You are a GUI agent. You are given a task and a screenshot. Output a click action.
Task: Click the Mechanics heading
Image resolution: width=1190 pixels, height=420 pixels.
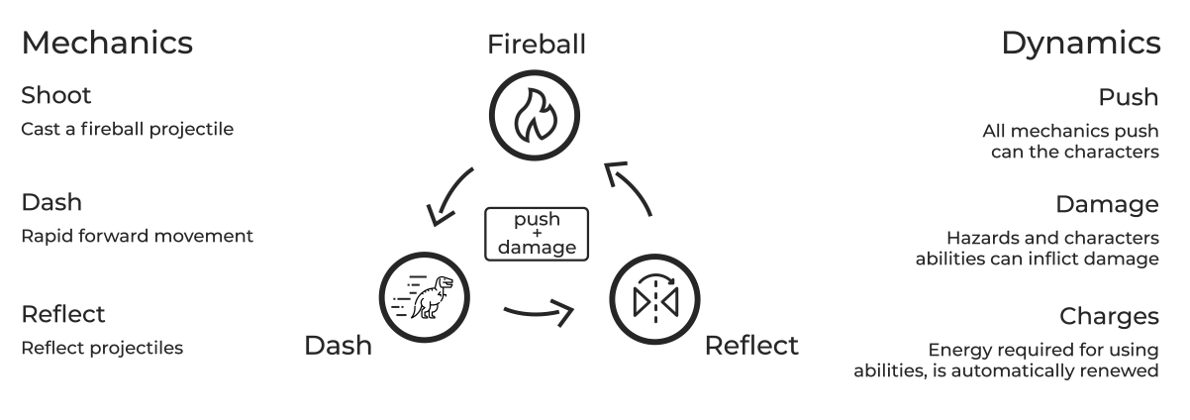click(x=107, y=44)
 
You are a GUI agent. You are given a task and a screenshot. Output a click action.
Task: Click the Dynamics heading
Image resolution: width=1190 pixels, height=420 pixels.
click(x=1080, y=44)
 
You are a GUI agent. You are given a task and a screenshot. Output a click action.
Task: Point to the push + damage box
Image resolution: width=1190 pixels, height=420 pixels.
click(x=537, y=234)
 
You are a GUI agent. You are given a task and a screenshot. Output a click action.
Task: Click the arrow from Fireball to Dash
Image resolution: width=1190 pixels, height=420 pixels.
click(x=447, y=195)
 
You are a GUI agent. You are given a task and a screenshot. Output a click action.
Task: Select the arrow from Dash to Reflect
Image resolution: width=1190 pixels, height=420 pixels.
click(x=539, y=315)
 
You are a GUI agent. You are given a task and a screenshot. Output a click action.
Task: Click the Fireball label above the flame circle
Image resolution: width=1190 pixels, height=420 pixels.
click(x=536, y=45)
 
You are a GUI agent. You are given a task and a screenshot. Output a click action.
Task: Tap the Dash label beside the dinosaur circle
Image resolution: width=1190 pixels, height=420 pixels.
click(x=338, y=346)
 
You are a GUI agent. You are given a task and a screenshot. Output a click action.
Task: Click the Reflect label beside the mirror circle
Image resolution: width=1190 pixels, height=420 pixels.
click(x=750, y=346)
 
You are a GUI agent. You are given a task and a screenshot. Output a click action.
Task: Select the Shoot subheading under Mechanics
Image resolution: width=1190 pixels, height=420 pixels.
click(x=56, y=96)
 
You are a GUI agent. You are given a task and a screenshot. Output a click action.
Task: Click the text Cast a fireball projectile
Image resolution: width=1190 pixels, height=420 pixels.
click(x=127, y=130)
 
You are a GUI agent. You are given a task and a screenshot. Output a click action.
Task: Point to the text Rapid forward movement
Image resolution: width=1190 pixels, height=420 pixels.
click(x=137, y=236)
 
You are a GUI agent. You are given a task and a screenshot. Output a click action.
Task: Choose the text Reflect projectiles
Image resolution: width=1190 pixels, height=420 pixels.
click(x=102, y=348)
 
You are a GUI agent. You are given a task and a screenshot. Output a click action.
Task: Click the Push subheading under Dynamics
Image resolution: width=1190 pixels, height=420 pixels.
click(x=1128, y=97)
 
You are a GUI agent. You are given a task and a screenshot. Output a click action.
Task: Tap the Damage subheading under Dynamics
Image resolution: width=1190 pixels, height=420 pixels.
click(x=1107, y=205)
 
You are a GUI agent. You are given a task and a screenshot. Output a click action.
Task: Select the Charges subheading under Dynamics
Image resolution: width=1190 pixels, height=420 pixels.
click(x=1109, y=316)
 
